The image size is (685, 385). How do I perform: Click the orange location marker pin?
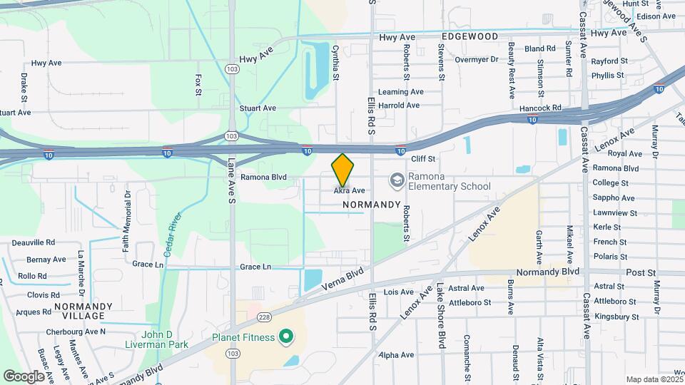point(342,170)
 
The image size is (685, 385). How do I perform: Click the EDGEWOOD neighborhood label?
point(469,36)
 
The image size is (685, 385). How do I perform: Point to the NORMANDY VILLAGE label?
point(83,311)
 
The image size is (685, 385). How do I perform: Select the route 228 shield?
point(265,316)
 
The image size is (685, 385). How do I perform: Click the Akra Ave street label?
point(350,191)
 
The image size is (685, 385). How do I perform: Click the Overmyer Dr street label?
point(476,59)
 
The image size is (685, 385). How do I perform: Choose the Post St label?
point(641,273)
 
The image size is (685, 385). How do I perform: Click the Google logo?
point(24,376)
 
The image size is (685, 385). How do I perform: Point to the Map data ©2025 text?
point(653,379)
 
